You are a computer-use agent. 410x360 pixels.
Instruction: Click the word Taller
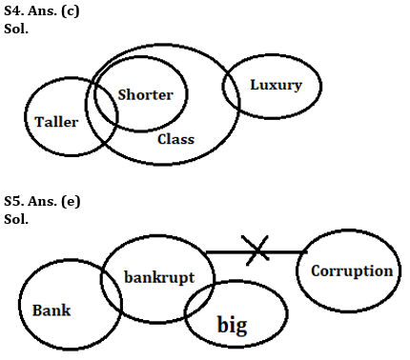tap(56, 122)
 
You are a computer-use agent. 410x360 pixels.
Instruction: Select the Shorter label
tap(146, 94)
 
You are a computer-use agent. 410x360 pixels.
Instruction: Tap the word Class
tap(175, 139)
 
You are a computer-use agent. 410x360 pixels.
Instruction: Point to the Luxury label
tap(276, 85)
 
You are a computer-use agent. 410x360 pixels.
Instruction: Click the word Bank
tap(51, 310)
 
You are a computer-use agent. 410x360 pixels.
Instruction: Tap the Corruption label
tap(352, 270)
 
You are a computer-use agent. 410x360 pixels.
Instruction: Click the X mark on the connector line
tap(256, 250)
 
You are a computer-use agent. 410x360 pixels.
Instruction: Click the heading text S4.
tap(12, 9)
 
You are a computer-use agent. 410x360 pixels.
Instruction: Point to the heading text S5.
tap(12, 202)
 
